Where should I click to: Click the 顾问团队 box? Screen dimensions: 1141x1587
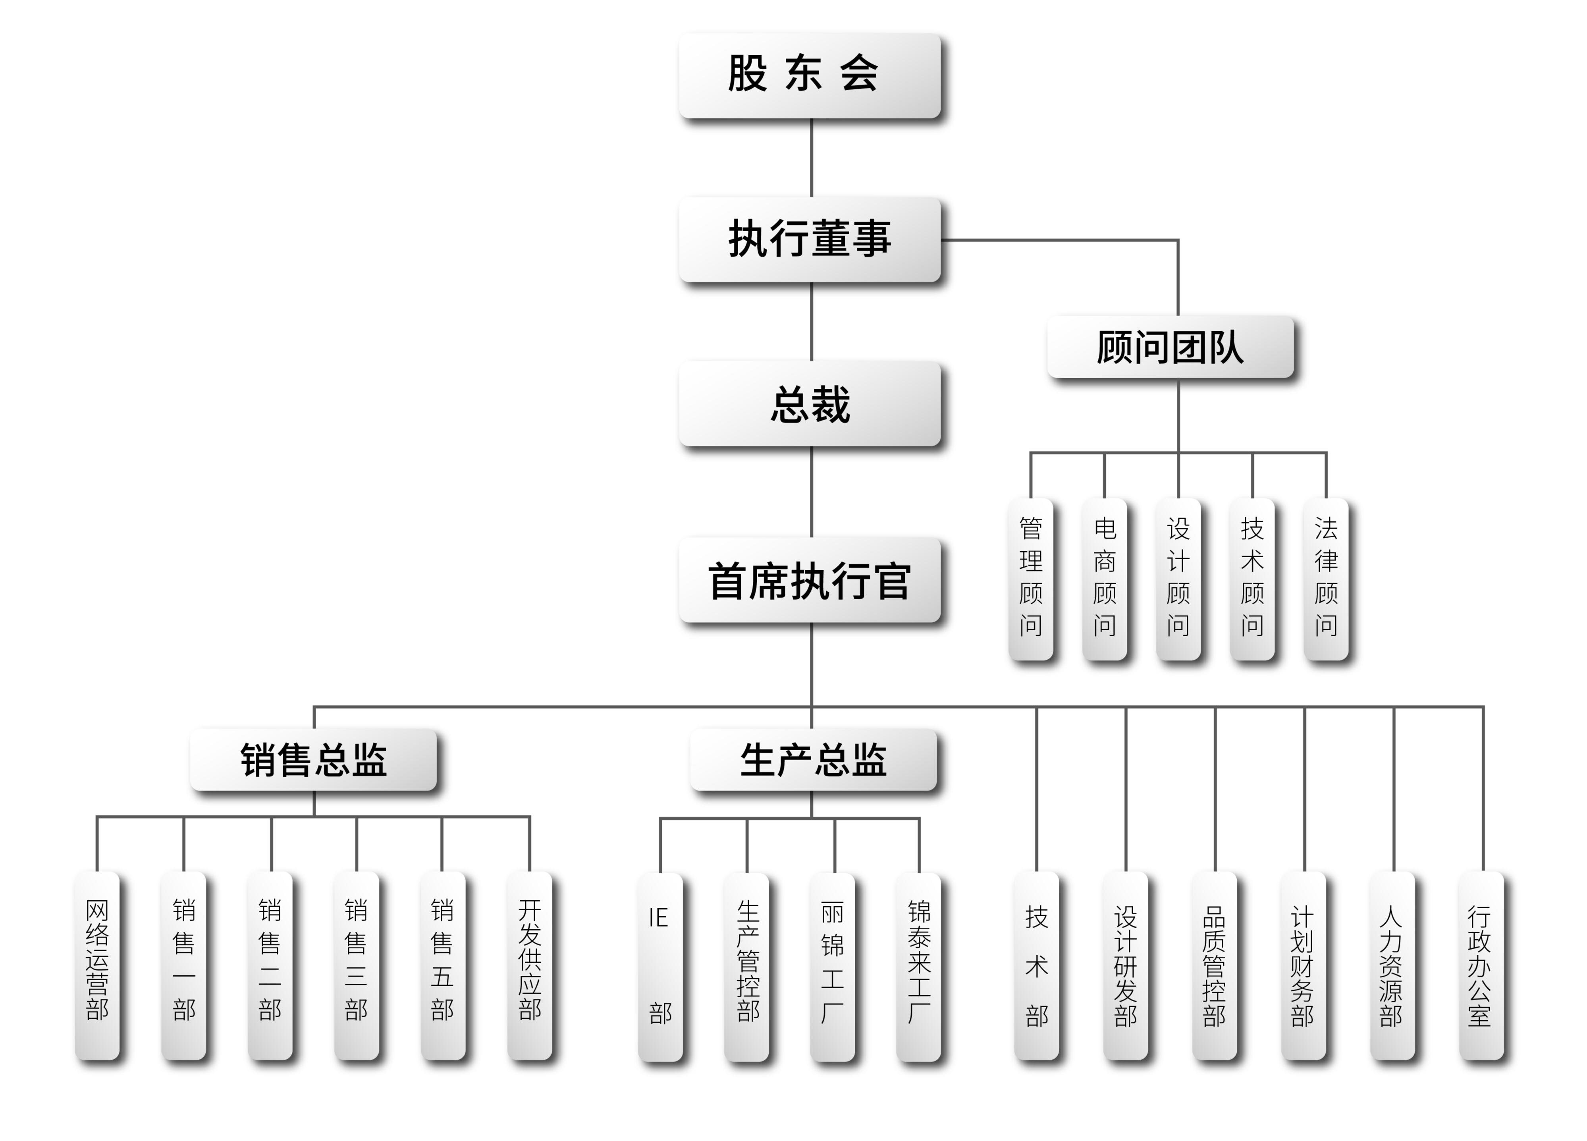click(1170, 346)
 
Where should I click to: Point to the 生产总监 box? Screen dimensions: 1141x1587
click(813, 759)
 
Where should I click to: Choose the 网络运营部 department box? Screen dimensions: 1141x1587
click(97, 965)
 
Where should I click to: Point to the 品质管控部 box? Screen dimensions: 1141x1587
click(1214, 965)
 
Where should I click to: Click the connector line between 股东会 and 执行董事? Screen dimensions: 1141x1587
click(812, 158)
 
